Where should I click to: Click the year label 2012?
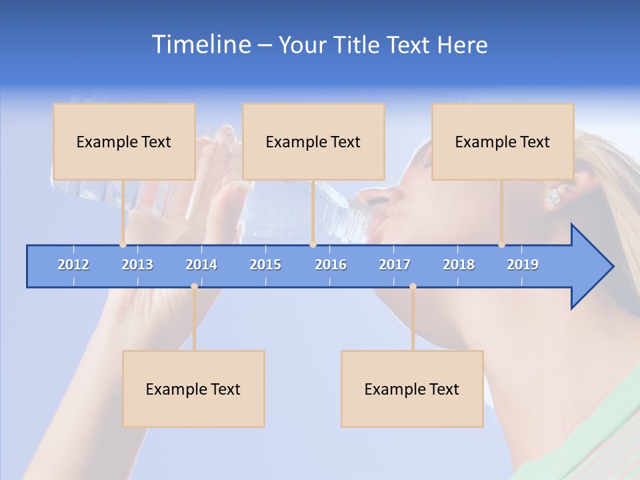73,265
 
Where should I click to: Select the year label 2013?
137,265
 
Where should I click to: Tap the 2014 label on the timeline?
201,265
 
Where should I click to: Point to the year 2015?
265,265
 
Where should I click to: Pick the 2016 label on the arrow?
331,265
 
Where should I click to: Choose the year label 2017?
395,265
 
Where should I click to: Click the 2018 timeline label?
459,265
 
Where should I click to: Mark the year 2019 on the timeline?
523,265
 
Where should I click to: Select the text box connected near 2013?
124,141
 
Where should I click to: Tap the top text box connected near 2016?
313,141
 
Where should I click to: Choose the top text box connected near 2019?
503,141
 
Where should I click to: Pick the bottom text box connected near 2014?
193,389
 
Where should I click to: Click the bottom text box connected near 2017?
412,389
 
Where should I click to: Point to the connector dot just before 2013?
123,245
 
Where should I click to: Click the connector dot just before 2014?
194,286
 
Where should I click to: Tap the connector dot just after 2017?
413,286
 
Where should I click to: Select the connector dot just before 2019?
501,245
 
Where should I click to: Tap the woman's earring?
553,197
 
